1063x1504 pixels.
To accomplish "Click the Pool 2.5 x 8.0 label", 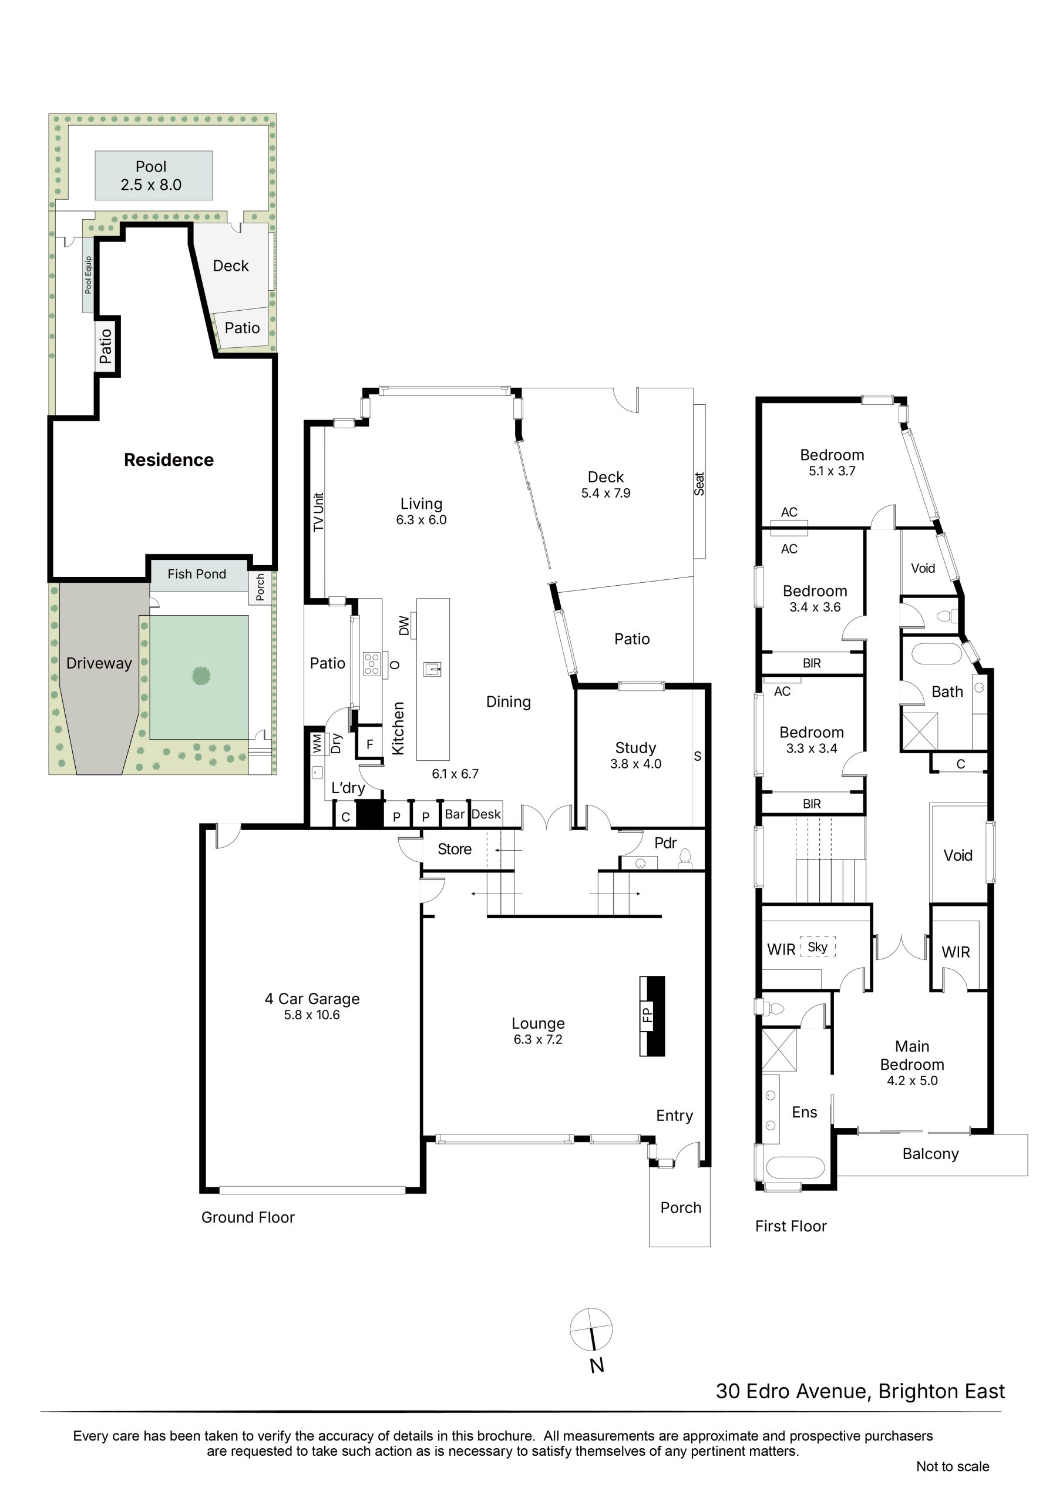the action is (152, 176).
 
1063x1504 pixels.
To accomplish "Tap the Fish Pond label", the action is (197, 574).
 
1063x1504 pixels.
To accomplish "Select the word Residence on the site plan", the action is (169, 460).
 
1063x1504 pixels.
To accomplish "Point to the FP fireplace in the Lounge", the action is (652, 1016).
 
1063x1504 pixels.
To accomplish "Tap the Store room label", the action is (455, 849).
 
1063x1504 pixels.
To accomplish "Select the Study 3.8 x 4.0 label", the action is (636, 756).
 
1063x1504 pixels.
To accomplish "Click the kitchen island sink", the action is (432, 669).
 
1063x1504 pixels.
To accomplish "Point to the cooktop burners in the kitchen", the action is (371, 663).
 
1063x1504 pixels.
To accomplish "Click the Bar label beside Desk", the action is (455, 814).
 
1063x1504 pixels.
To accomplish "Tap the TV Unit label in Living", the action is (319, 512).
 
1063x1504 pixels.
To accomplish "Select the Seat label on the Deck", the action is (699, 484).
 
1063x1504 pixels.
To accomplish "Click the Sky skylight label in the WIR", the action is (818, 946).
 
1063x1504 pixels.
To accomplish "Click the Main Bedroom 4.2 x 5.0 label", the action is (912, 1063).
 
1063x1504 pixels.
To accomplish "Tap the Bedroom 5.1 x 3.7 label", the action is (832, 462).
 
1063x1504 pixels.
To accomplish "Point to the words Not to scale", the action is (953, 1466).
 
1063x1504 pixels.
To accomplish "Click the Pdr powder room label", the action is (665, 843).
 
